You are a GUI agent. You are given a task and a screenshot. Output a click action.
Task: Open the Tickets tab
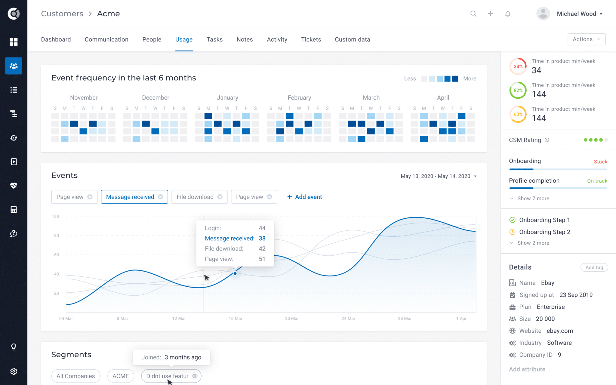click(x=311, y=39)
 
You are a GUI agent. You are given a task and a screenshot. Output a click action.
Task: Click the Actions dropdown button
click(x=586, y=39)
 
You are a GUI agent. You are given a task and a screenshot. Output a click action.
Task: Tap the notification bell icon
click(x=508, y=14)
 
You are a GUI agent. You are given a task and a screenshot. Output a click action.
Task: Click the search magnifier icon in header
click(x=473, y=14)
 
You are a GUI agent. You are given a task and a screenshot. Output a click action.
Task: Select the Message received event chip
click(x=130, y=197)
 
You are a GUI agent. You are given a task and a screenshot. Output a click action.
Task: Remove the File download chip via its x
click(x=220, y=197)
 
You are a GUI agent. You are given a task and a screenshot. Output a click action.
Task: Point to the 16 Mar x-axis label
click(x=235, y=319)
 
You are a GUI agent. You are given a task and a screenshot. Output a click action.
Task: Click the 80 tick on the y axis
click(x=57, y=236)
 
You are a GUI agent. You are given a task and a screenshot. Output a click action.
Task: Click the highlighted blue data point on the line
click(x=235, y=273)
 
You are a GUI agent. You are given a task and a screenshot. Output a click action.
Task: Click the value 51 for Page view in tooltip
click(x=262, y=259)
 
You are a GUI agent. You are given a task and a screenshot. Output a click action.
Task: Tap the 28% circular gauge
click(x=518, y=66)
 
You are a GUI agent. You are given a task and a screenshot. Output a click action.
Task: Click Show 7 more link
click(x=533, y=199)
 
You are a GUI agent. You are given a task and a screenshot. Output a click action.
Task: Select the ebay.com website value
click(x=559, y=331)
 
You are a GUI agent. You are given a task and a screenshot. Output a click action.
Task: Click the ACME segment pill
click(x=121, y=376)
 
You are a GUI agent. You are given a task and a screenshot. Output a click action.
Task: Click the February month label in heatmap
click(x=299, y=98)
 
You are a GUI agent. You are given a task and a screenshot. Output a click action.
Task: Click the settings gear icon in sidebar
click(x=14, y=371)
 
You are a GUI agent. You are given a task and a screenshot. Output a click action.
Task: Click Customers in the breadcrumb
click(x=62, y=14)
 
